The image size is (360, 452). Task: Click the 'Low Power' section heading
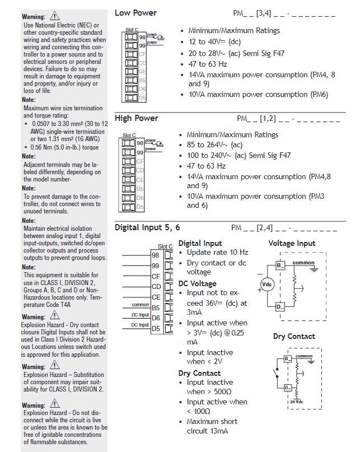click(135, 13)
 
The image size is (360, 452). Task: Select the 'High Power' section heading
click(137, 118)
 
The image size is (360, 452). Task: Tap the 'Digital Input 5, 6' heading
click(147, 227)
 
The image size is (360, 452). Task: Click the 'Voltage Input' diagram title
click(292, 244)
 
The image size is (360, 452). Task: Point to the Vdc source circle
click(268, 285)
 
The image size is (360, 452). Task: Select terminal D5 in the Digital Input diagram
click(156, 328)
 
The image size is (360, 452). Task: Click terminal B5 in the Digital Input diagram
click(156, 307)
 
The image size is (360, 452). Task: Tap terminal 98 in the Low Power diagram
click(142, 37)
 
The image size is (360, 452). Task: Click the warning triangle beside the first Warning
click(54, 16)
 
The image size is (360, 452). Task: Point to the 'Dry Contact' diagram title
click(294, 337)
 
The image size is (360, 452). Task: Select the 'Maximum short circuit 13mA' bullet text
click(212, 426)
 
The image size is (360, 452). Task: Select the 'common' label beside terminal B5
click(141, 305)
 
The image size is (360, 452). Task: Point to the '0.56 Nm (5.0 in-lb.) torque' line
click(66, 148)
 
